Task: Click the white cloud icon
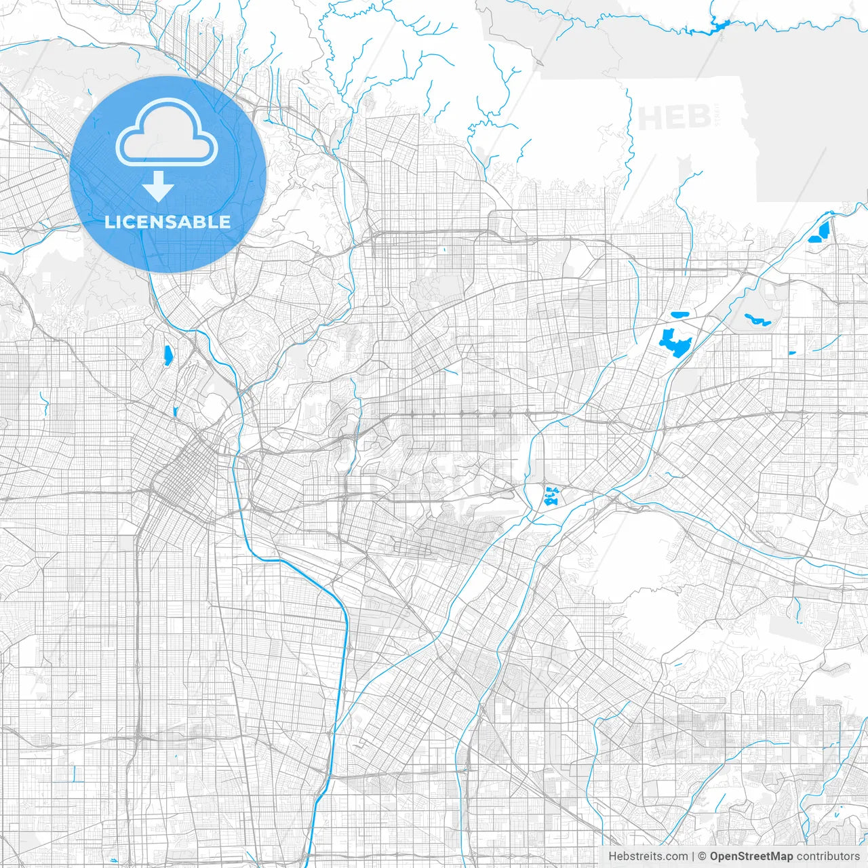click(x=167, y=132)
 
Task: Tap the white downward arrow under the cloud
click(x=159, y=186)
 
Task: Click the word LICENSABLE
click(x=167, y=222)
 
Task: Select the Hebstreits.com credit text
click(x=648, y=856)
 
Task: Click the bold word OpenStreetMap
click(x=751, y=856)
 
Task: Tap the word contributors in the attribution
click(x=828, y=856)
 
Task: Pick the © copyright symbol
click(x=703, y=856)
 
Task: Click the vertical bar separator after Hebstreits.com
click(x=693, y=856)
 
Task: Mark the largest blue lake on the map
click(x=675, y=342)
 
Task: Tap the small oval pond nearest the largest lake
click(x=679, y=315)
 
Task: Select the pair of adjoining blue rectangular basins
click(x=820, y=231)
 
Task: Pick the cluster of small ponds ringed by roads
click(x=551, y=497)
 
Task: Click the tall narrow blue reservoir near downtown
click(x=167, y=355)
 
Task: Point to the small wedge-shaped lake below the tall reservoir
click(x=175, y=411)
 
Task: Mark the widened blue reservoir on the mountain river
click(x=717, y=26)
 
